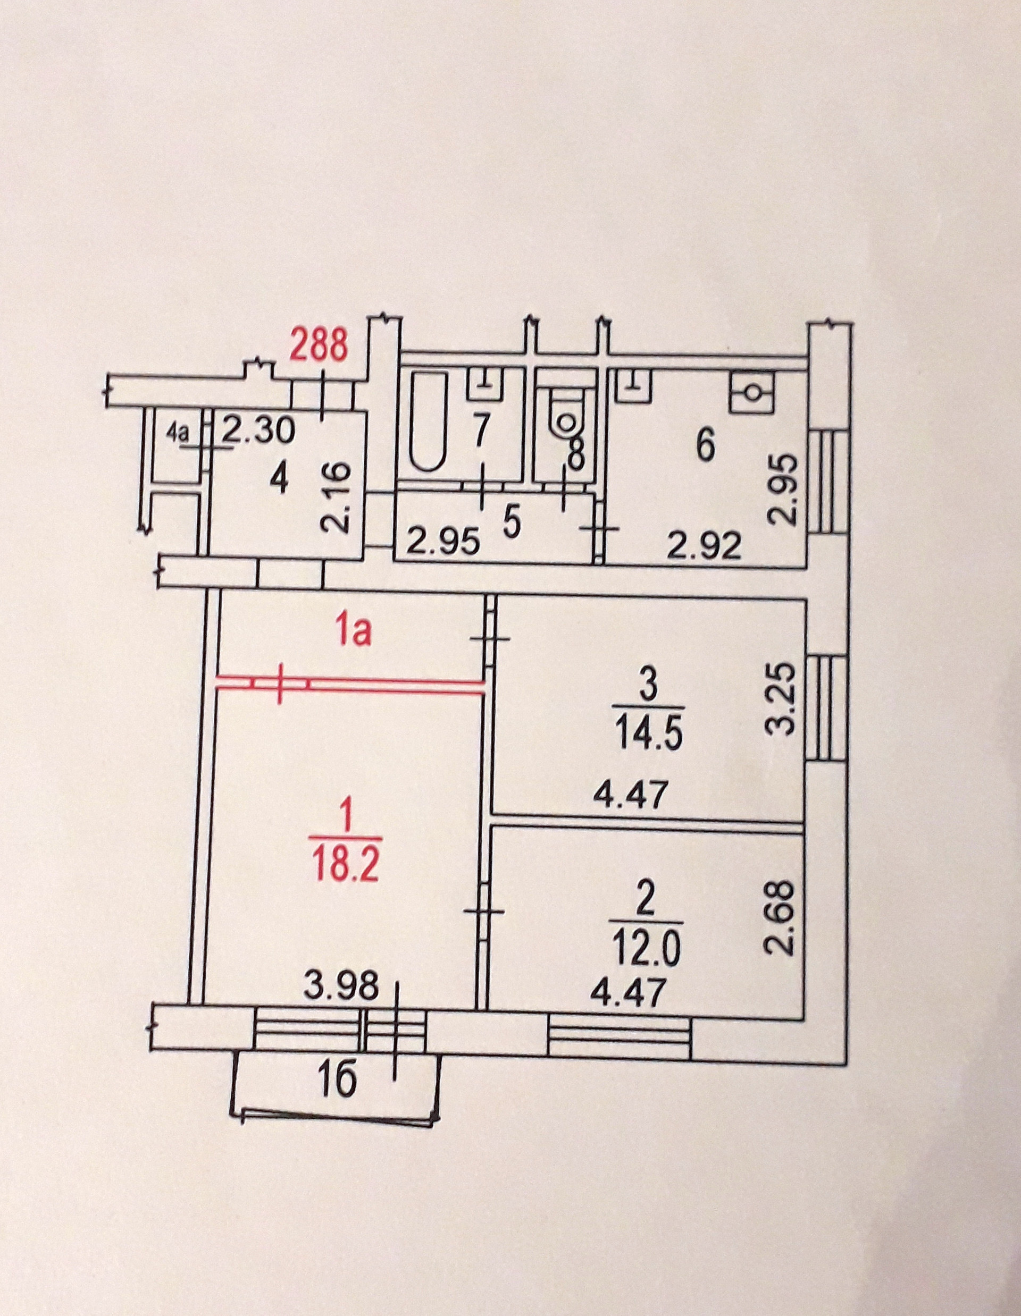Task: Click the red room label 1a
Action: tap(354, 634)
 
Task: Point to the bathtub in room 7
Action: tap(429, 420)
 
